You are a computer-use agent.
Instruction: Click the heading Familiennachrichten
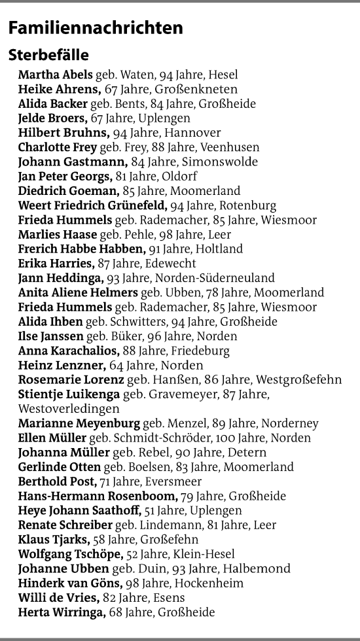coord(96,29)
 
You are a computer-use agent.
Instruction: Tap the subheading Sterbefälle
coord(48,55)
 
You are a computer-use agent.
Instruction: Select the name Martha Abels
coord(56,75)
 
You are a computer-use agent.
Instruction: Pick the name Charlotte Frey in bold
coord(58,147)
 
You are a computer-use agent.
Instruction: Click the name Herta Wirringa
coord(62,612)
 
